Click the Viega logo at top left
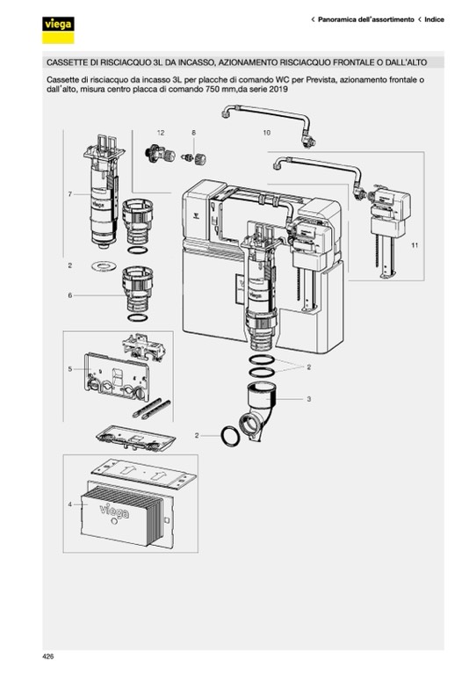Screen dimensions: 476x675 coord(58,30)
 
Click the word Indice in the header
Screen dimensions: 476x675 coord(435,19)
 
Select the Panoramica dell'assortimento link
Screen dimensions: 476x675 coord(366,19)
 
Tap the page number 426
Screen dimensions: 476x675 coord(48,657)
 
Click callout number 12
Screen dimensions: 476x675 coord(161,133)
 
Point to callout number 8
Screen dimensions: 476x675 coord(193,133)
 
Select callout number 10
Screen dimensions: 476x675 coord(267,133)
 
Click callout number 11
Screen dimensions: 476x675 coord(415,245)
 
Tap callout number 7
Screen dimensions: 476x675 coord(70,194)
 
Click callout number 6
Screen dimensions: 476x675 coord(70,295)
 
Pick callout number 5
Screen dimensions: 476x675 coord(70,369)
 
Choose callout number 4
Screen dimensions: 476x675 coord(70,504)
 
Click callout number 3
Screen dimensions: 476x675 coord(309,399)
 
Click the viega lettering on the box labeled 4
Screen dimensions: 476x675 coord(114,511)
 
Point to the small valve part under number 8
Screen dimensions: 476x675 coord(194,158)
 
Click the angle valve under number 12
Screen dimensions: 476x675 coord(160,155)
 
